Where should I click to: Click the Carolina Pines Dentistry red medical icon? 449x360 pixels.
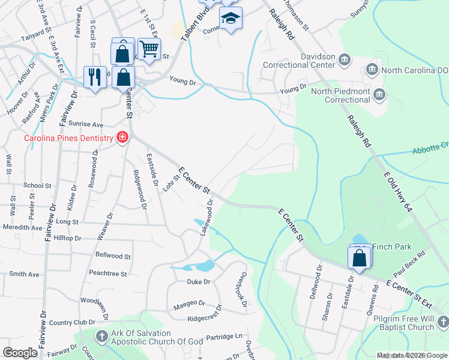tap(122, 138)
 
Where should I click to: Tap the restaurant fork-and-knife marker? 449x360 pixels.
tap(93, 76)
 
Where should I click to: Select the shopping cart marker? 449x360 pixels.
tap(149, 47)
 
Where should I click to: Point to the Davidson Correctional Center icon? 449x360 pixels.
tap(345, 59)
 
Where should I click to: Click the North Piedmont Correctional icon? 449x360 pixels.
tap(379, 94)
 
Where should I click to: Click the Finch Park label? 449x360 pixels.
tap(392, 246)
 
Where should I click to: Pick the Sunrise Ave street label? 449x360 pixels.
tap(85, 124)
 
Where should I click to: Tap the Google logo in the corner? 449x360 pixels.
tap(20, 353)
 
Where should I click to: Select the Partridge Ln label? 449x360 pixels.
tap(226, 337)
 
